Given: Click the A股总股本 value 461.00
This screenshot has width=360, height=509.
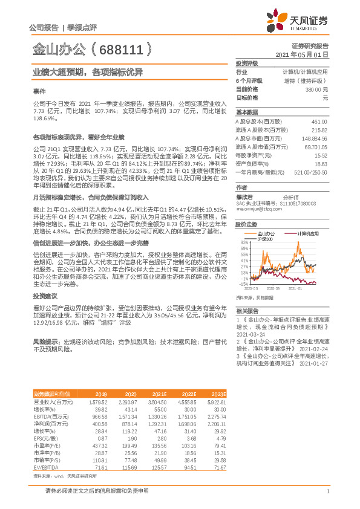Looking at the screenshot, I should [319, 122].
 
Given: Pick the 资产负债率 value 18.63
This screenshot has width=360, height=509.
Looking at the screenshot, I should [321, 163].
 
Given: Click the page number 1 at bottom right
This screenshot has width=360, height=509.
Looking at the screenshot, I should [327, 492].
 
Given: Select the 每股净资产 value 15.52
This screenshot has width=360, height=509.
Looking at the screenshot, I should [321, 155].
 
